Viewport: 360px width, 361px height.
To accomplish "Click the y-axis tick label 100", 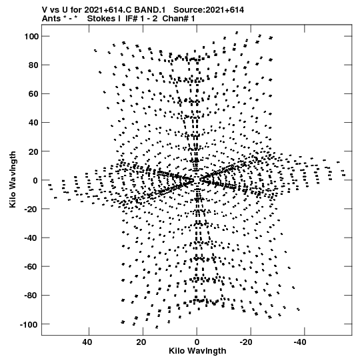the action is pyautogui.click(x=31, y=37).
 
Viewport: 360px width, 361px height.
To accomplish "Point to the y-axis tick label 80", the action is pyautogui.click(x=33, y=65).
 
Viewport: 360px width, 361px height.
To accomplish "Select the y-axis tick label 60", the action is pyautogui.click(x=33, y=94).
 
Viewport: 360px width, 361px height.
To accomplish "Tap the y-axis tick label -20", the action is pyautogui.click(x=31, y=209).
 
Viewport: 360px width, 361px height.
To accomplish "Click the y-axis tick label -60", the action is pyautogui.click(x=31, y=267).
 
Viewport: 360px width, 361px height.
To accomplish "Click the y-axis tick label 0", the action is pyautogui.click(x=35, y=180).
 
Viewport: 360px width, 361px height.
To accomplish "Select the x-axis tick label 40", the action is pyautogui.click(x=87, y=342).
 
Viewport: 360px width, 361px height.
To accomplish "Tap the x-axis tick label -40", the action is pyautogui.click(x=300, y=342).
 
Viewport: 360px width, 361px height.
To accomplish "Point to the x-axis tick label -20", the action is pyautogui.click(x=246, y=342).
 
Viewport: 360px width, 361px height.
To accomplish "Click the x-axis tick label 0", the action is pyautogui.click(x=197, y=342).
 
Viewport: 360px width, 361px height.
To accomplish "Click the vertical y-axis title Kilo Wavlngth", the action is pyautogui.click(x=13, y=179).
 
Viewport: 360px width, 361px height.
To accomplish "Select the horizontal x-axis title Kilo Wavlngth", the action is pyautogui.click(x=197, y=351).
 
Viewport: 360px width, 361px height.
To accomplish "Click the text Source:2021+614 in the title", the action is pyautogui.click(x=209, y=10).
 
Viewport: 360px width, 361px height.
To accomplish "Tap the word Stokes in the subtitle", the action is pyautogui.click(x=104, y=19).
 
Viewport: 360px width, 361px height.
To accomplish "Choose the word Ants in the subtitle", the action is pyautogui.click(x=51, y=19).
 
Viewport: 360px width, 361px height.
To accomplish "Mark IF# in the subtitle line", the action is pyautogui.click(x=131, y=19).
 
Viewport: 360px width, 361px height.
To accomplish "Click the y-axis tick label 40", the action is pyautogui.click(x=33, y=123).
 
